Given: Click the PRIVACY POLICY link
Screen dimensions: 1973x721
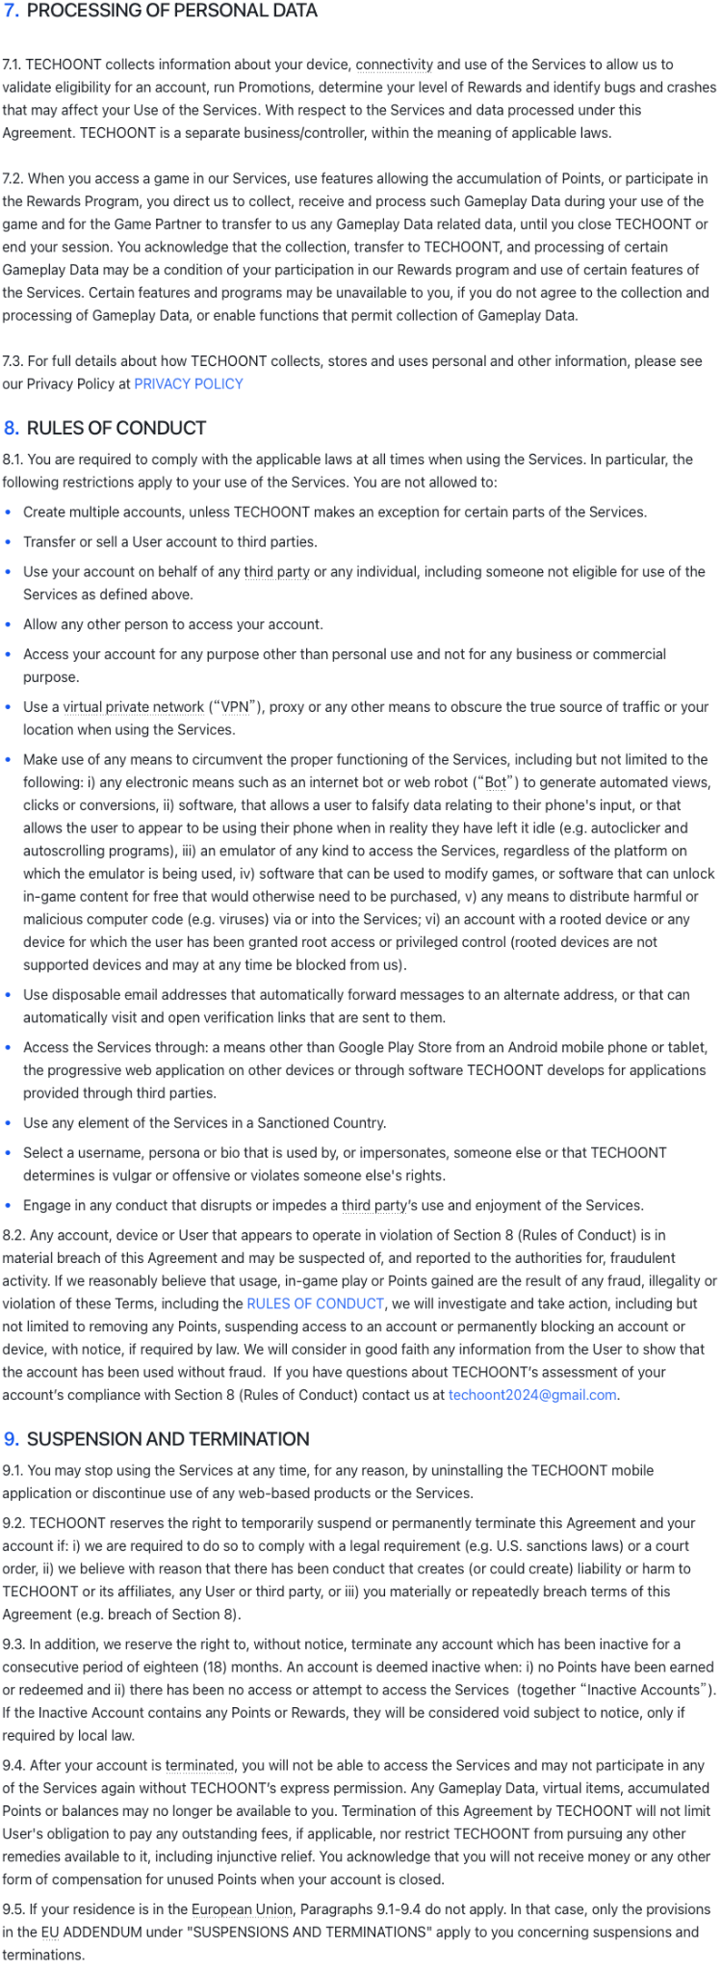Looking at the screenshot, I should [189, 384].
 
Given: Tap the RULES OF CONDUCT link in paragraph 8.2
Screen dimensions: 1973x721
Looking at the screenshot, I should [315, 1304].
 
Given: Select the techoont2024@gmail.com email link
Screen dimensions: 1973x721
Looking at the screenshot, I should [532, 1395].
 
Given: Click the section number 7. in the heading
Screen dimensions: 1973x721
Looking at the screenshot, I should [12, 12].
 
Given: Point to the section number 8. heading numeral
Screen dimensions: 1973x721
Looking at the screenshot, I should [12, 429].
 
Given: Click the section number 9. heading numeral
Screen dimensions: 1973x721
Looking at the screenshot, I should [12, 1439].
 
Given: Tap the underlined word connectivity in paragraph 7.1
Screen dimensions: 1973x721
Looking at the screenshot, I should [395, 65].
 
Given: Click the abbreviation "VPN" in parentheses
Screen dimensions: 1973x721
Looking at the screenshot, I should [235, 707].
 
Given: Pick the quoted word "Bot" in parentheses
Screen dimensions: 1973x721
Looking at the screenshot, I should [496, 782].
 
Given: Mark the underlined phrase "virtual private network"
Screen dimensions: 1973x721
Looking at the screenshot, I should [134, 707].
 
